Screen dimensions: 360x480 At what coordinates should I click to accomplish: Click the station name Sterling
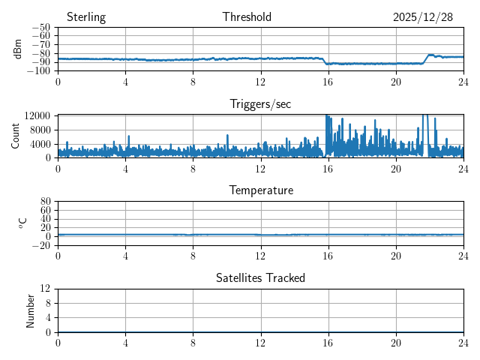(x=86, y=17)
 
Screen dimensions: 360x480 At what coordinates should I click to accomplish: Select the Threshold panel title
(x=247, y=17)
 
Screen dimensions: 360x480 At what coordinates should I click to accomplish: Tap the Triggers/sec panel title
(x=260, y=104)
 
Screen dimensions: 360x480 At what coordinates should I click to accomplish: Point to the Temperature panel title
(x=260, y=190)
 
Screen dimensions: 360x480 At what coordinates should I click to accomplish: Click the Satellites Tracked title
(x=260, y=277)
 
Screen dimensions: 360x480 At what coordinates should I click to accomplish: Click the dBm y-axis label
(x=18, y=49)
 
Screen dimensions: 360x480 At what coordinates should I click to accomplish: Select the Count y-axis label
(x=16, y=136)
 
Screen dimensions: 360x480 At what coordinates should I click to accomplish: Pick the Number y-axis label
(x=31, y=310)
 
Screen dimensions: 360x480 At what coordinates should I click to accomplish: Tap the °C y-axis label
(x=22, y=223)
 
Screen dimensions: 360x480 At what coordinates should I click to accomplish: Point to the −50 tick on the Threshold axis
(x=42, y=28)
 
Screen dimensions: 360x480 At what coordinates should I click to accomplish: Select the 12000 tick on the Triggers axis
(x=37, y=115)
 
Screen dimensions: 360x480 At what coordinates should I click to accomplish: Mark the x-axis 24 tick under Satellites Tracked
(x=463, y=343)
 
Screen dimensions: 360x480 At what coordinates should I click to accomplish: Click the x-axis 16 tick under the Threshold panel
(x=328, y=82)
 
